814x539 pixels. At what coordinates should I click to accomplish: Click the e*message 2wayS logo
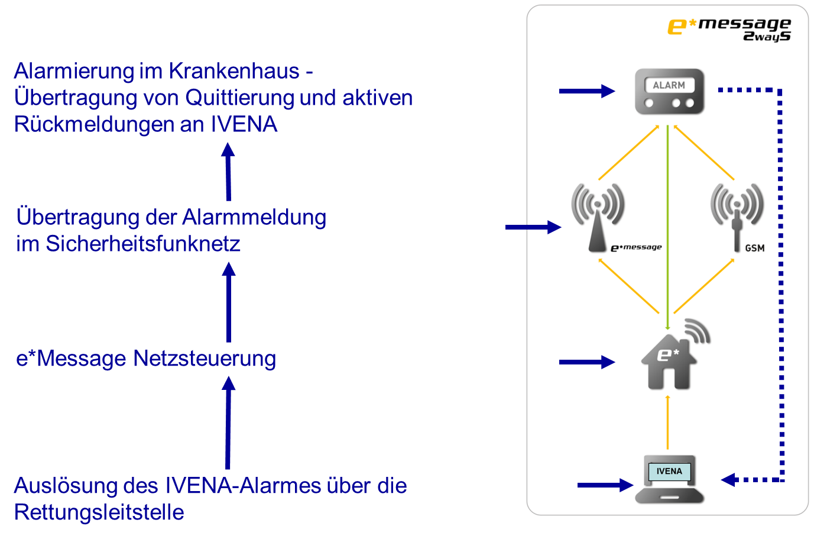[729, 29]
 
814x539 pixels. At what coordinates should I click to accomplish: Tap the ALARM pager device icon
[669, 91]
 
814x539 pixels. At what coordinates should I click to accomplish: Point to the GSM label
[754, 248]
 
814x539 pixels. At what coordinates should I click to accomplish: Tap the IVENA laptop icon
[669, 479]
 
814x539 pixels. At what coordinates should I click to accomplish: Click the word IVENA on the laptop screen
[669, 472]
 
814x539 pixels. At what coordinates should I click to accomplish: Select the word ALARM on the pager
[669, 85]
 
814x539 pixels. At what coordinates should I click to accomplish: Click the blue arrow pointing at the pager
[586, 91]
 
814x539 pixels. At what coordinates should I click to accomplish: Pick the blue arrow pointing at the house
[586, 362]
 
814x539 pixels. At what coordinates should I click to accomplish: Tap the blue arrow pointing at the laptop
[605, 485]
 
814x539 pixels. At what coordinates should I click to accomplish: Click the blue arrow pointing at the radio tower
[533, 227]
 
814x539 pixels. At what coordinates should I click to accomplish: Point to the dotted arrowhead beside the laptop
[729, 479]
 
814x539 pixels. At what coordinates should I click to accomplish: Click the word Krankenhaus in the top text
[234, 72]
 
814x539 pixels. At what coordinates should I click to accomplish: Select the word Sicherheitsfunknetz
[143, 244]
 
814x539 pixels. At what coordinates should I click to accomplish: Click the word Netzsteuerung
[204, 359]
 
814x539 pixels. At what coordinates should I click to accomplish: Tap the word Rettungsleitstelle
[99, 512]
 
